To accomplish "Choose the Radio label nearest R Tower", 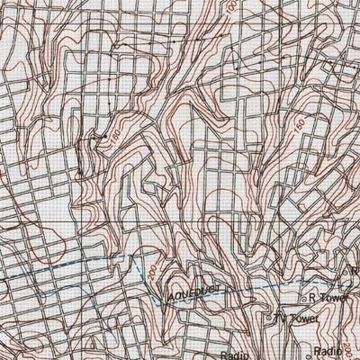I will point(329,352).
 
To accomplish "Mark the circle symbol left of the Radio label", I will point(306,352).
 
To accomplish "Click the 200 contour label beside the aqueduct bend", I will point(152,271).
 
